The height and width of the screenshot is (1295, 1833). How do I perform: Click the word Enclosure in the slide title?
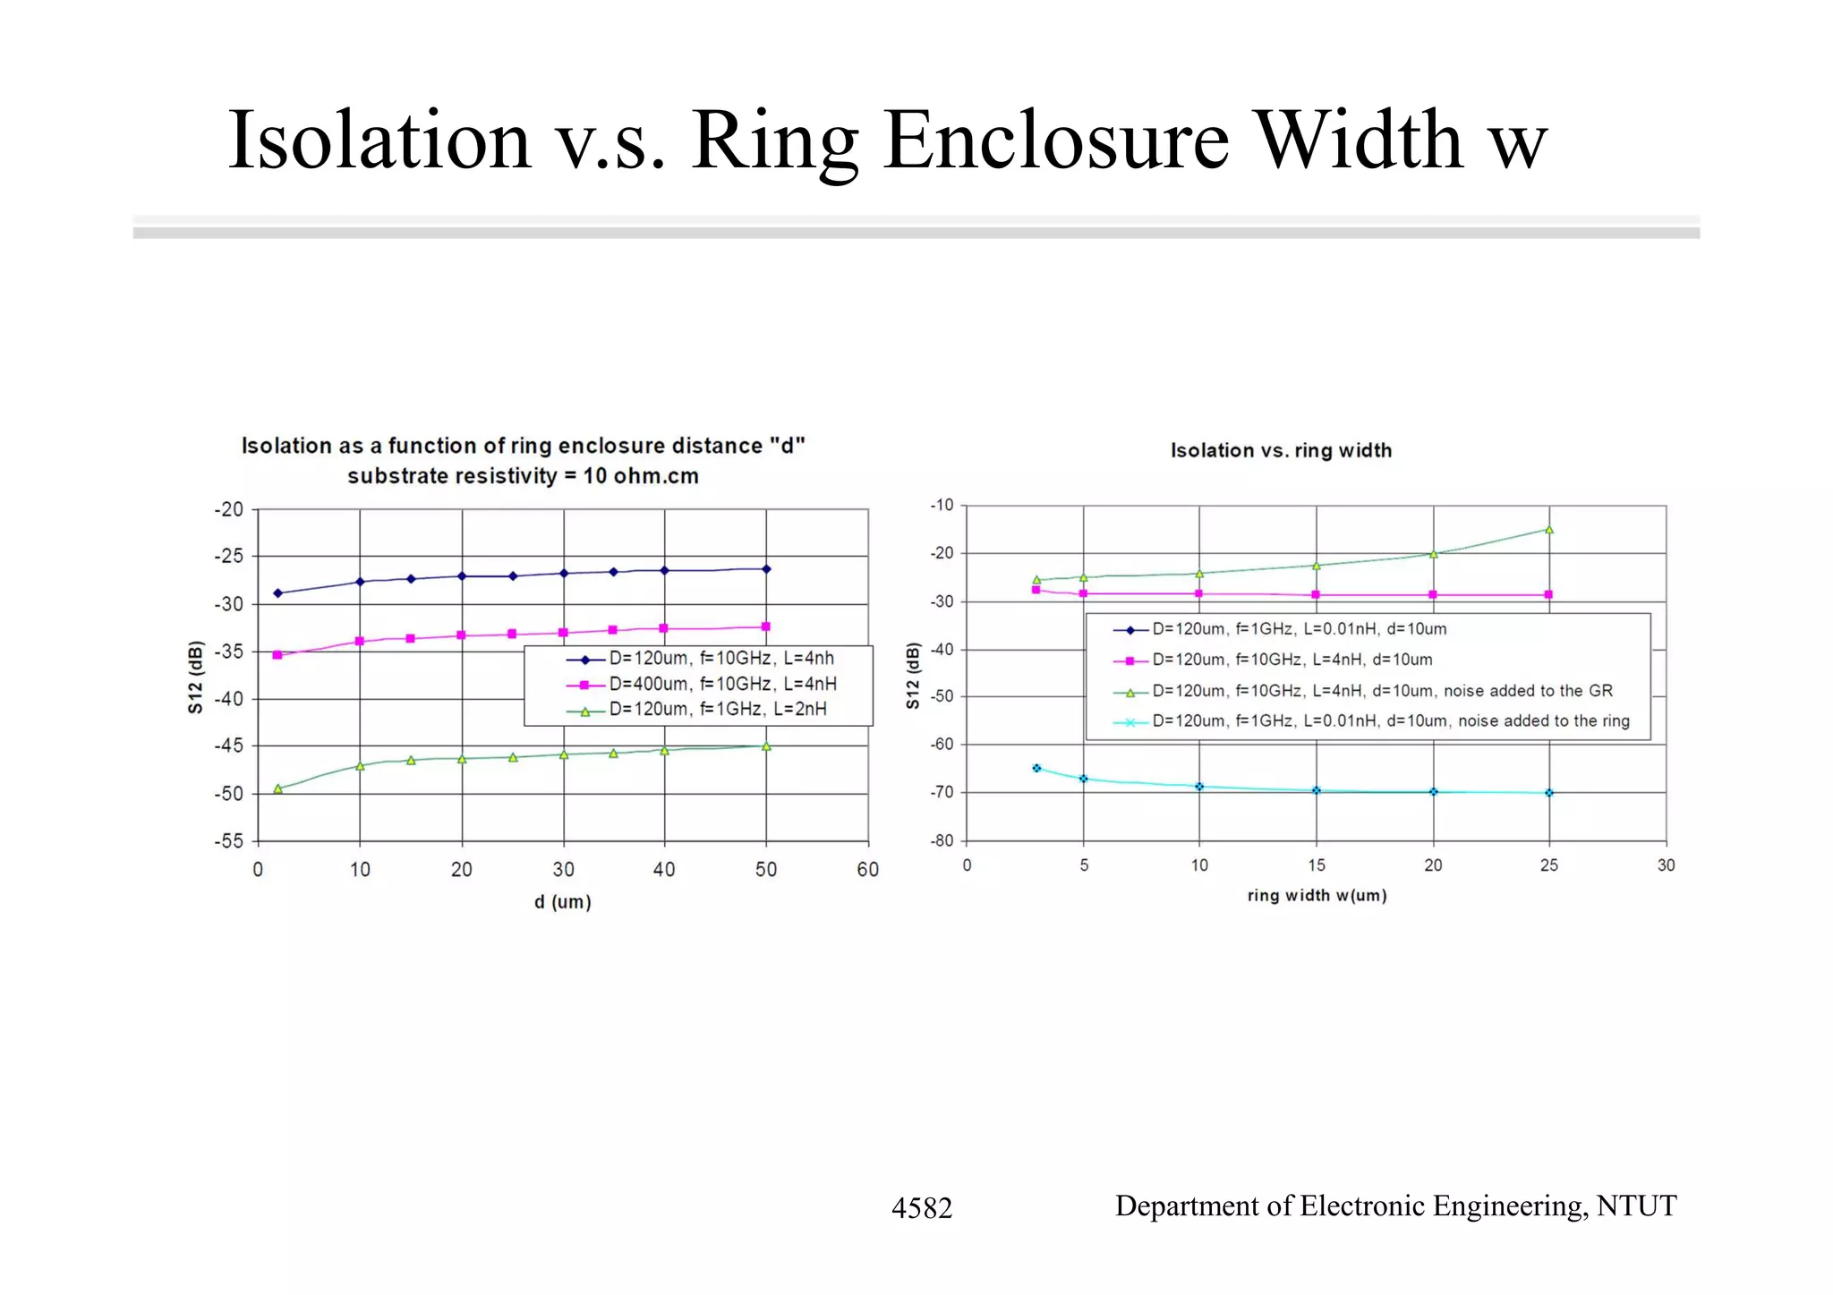(x=1056, y=141)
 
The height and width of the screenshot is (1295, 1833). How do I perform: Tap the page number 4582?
(x=921, y=1208)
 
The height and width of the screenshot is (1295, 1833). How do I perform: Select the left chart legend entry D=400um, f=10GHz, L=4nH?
(x=722, y=684)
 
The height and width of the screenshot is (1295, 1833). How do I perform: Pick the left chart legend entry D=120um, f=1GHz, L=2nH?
(x=717, y=710)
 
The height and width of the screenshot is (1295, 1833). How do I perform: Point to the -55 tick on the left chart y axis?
(x=228, y=841)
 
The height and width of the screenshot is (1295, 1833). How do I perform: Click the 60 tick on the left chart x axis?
(x=867, y=870)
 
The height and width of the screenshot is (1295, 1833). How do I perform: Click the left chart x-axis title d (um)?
(x=563, y=902)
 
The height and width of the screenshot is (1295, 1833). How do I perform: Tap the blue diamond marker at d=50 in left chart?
(x=766, y=569)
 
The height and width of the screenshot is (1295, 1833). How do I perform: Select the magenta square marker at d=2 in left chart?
(x=277, y=655)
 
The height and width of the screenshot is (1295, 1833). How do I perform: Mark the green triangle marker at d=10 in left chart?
(x=360, y=766)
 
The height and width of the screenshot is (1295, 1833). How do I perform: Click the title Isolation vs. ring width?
(x=1281, y=451)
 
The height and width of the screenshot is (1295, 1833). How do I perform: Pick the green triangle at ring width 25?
(x=1549, y=530)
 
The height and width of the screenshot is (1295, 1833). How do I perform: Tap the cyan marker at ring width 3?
(x=1036, y=768)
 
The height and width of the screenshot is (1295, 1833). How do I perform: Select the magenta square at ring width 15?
(x=1316, y=595)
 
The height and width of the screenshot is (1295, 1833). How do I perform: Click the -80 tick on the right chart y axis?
(x=942, y=841)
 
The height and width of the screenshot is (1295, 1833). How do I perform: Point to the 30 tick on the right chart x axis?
(x=1666, y=865)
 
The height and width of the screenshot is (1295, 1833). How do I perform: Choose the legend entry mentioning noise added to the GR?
(x=1381, y=691)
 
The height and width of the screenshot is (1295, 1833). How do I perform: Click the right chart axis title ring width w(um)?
(x=1317, y=896)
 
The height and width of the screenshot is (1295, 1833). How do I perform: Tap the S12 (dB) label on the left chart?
(x=196, y=677)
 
